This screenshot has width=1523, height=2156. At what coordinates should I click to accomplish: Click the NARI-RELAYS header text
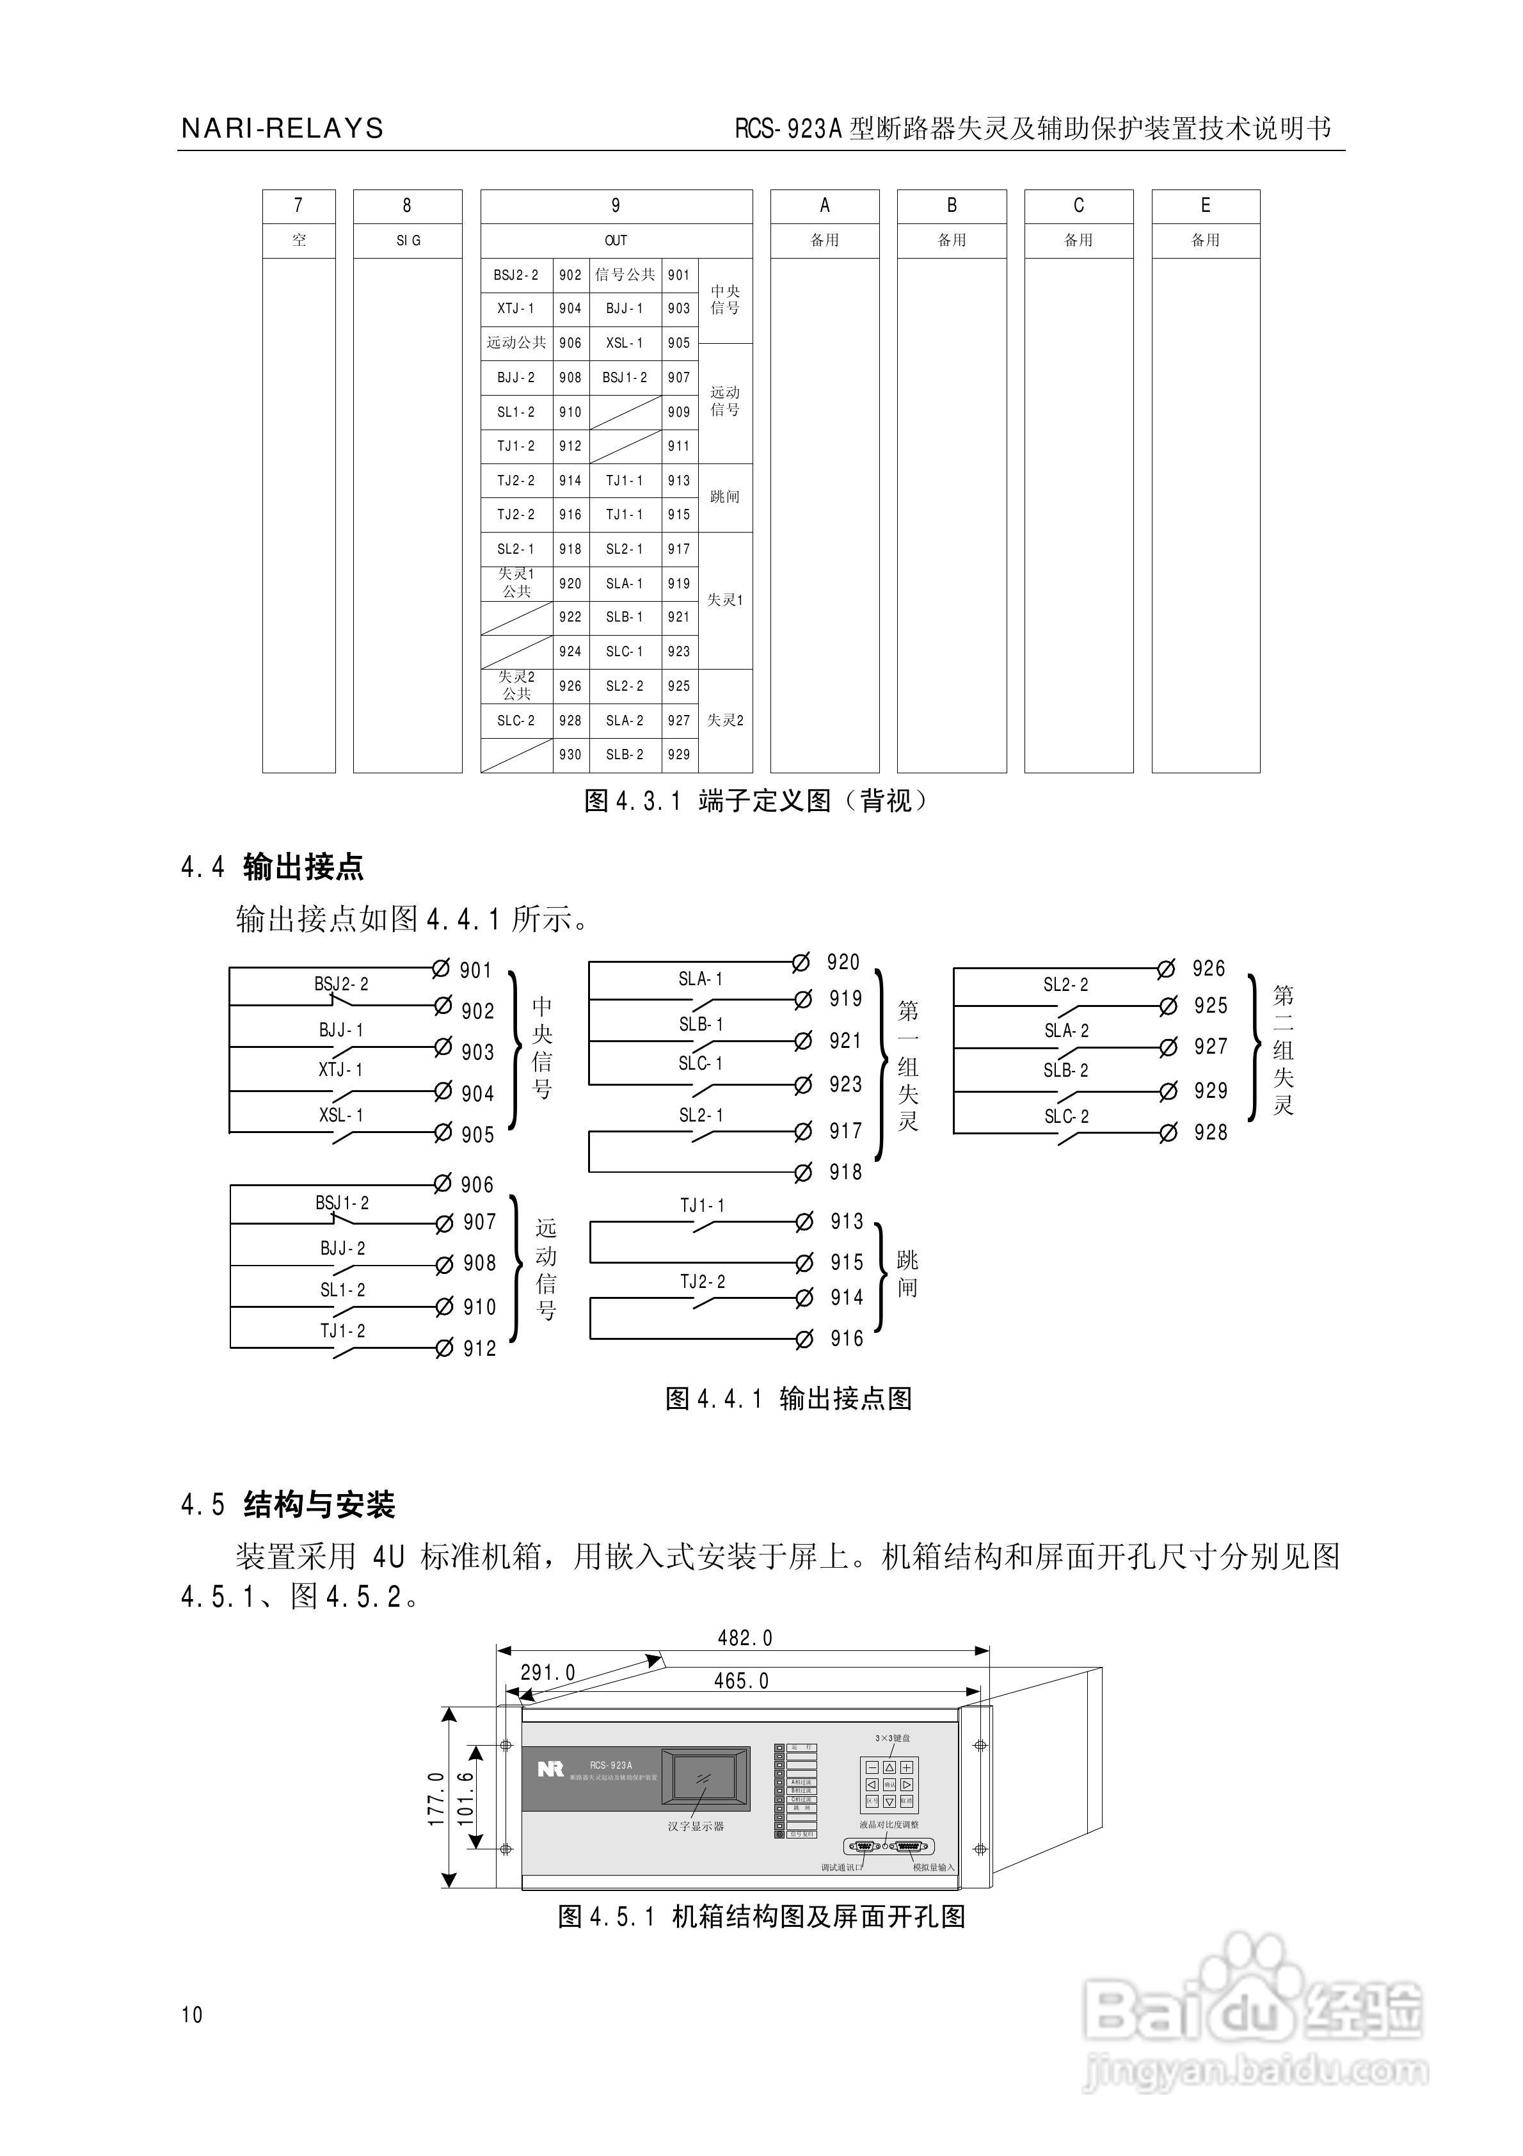[x=282, y=129]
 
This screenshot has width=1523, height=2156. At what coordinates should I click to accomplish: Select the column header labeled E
[x=1205, y=205]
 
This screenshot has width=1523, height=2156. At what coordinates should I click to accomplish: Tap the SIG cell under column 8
[x=408, y=241]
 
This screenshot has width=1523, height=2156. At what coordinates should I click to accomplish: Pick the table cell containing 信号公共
[x=625, y=275]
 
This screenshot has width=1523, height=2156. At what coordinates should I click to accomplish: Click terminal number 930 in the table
[x=570, y=755]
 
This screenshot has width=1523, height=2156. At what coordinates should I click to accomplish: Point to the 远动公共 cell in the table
[x=516, y=342]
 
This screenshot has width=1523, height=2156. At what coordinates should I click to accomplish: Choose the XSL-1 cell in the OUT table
[x=625, y=342]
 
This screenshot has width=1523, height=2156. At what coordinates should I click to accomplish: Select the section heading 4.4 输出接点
[x=273, y=867]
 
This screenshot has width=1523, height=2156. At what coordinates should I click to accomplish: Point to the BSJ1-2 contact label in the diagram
[x=342, y=1203]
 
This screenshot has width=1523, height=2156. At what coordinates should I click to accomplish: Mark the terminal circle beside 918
[x=803, y=1172]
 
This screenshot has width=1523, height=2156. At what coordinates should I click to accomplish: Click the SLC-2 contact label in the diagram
[x=1067, y=1116]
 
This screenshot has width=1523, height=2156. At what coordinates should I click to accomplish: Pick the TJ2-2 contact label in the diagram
[x=703, y=1282]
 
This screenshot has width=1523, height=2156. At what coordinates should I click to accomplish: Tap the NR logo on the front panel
[x=550, y=1769]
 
